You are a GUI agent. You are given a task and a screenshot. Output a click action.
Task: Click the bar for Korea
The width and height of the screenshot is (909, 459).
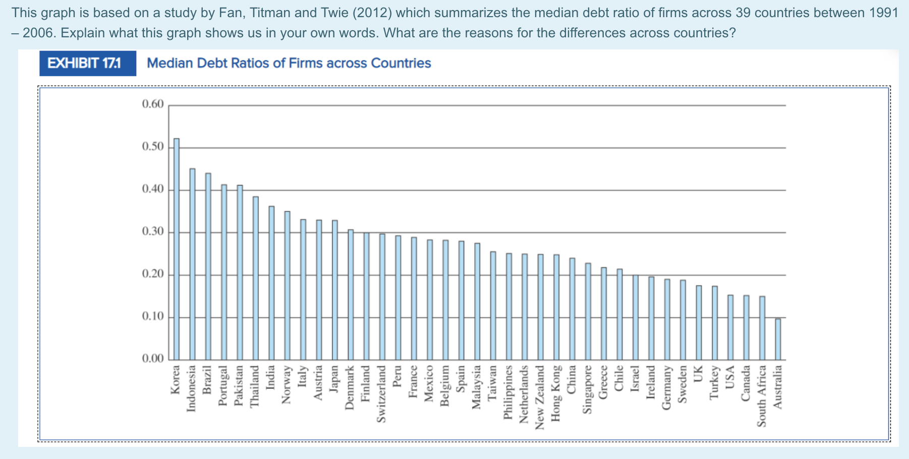[x=177, y=249]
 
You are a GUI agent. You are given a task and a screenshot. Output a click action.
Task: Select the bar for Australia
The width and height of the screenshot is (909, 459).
[x=778, y=339]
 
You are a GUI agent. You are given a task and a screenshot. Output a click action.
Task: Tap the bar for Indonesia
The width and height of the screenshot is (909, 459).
[x=192, y=264]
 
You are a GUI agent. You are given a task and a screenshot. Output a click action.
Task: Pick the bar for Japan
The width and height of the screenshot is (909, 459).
[x=335, y=290]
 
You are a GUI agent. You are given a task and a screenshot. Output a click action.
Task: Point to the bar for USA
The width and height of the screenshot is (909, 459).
[x=730, y=327]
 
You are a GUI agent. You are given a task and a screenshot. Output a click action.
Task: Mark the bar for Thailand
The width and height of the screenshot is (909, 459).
[x=256, y=278]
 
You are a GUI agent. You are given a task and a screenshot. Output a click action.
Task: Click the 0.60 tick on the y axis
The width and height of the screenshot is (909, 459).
[x=153, y=104]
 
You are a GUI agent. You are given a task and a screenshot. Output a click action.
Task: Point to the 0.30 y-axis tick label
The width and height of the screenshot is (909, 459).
[x=153, y=232]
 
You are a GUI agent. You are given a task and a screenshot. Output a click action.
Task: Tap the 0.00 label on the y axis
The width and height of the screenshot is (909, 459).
[x=153, y=359]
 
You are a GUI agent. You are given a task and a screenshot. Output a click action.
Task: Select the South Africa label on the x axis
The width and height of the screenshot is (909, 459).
[x=762, y=396]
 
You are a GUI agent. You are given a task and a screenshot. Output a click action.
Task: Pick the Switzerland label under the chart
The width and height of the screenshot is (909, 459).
[x=382, y=394]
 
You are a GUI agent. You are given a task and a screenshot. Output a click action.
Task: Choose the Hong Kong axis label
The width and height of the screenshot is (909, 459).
[x=556, y=393]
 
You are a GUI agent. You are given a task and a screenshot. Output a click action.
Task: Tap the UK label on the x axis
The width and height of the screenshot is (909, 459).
[x=698, y=374]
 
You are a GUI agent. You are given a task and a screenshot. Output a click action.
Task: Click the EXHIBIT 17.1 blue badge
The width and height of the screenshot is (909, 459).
[x=88, y=64]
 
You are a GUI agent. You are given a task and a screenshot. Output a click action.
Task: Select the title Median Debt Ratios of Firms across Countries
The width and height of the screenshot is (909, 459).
[x=289, y=64]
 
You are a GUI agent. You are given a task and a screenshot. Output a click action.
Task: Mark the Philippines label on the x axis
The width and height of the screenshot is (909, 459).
[x=508, y=392]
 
